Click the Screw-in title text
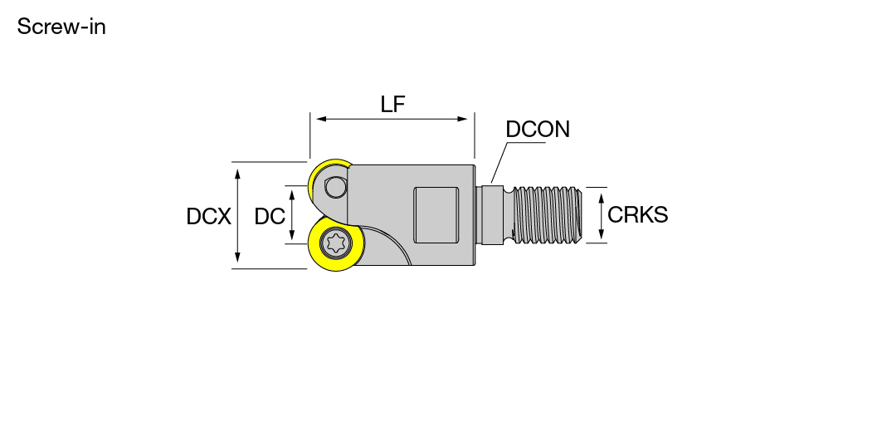[x=61, y=27]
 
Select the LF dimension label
[x=392, y=104]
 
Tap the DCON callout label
[x=538, y=130]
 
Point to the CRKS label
[x=638, y=214]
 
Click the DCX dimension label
[x=209, y=216]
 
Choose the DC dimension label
[x=270, y=216]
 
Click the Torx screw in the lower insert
[x=336, y=243]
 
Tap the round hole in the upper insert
[x=336, y=187]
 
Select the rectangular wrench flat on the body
[x=436, y=215]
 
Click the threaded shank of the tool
[x=547, y=215]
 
